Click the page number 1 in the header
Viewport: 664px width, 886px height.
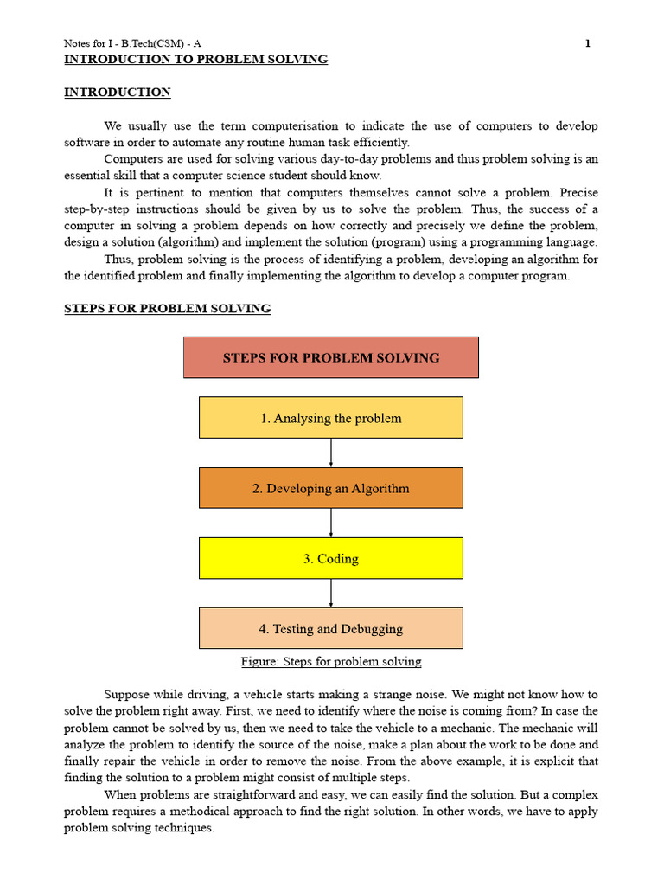coord(588,43)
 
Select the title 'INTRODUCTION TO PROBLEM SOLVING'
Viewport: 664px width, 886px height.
coord(196,60)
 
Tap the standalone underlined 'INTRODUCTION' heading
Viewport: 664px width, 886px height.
coord(118,93)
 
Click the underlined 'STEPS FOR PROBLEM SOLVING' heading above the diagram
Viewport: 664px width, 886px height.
coord(168,309)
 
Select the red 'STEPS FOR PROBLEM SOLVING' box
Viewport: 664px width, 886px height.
coord(330,357)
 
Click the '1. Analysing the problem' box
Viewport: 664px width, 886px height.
coord(330,418)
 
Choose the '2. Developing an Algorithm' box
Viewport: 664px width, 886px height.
coord(330,488)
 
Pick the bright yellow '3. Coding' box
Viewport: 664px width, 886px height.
coord(330,558)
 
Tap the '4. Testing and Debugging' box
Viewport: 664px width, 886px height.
coord(330,628)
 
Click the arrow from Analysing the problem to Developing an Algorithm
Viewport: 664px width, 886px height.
coord(331,453)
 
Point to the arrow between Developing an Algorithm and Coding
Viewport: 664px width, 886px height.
coord(331,523)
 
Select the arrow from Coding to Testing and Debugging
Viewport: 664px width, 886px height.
coord(331,593)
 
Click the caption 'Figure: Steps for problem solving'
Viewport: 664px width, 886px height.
coord(331,662)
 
